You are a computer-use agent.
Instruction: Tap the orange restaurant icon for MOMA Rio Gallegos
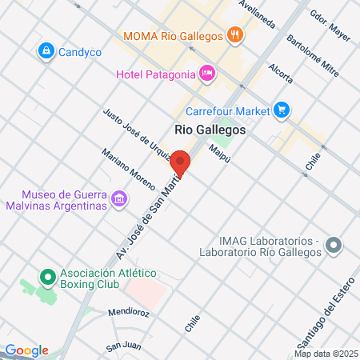click(234, 34)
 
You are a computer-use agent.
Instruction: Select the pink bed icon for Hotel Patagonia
click(207, 74)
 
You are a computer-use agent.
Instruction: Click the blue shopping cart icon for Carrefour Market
click(281, 109)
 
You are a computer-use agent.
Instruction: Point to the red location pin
click(181, 163)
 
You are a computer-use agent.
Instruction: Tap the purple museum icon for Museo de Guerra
click(119, 198)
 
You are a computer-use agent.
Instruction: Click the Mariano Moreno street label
click(128, 169)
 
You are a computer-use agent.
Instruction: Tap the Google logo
click(26, 350)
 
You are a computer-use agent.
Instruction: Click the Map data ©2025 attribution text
click(326, 354)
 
